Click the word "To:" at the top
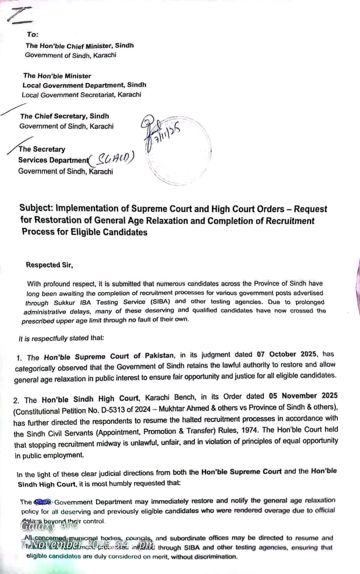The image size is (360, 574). tap(32, 34)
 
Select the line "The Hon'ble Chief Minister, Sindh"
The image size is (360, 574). tap(79, 45)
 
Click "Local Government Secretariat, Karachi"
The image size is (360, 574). tap(81, 94)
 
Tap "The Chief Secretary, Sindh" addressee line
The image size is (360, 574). tap(64, 116)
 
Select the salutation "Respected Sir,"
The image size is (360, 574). tap(49, 265)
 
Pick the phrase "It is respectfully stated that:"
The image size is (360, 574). tap(61, 338)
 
